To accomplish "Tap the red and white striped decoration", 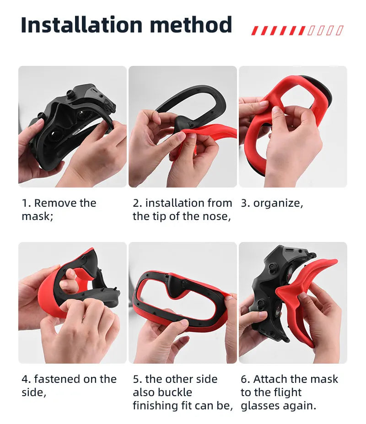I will point(297,31).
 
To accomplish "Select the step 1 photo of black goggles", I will point(72,126).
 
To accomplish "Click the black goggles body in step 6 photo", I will point(265,279).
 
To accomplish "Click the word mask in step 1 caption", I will point(36,216).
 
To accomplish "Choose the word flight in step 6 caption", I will point(285,392).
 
